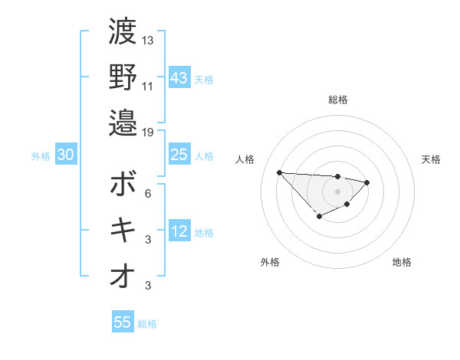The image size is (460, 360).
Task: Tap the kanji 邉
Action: pyautogui.click(x=123, y=123)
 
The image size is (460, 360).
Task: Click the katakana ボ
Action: pyautogui.click(x=123, y=184)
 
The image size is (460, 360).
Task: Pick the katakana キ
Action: pyautogui.click(x=123, y=230)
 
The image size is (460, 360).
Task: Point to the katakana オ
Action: pyautogui.click(x=123, y=277)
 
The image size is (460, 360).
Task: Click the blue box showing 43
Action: pyautogui.click(x=179, y=77)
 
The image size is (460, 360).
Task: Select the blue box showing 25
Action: pyautogui.click(x=179, y=155)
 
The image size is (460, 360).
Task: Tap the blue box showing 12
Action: pyautogui.click(x=179, y=231)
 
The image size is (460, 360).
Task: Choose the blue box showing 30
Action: pyautogui.click(x=66, y=155)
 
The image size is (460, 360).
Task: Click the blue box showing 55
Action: pyautogui.click(x=123, y=322)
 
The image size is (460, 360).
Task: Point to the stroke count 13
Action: pyautogui.click(x=148, y=40)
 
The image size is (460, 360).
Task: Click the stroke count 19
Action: pyautogui.click(x=148, y=132)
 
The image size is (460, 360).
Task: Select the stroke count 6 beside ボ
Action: pyautogui.click(x=148, y=193)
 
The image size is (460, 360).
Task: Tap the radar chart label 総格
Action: pyautogui.click(x=338, y=100)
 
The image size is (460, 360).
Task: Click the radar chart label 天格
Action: pyautogui.click(x=431, y=159)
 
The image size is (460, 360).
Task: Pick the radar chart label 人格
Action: pyautogui.click(x=246, y=159)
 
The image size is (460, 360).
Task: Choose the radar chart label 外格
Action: pyautogui.click(x=270, y=262)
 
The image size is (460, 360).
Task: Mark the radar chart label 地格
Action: pyautogui.click(x=402, y=262)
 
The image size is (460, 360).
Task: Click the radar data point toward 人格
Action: pyautogui.click(x=279, y=172)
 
